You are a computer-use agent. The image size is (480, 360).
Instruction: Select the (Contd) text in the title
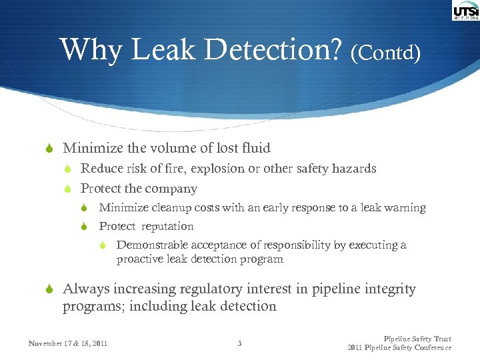point(385,53)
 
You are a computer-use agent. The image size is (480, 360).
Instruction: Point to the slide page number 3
point(239,344)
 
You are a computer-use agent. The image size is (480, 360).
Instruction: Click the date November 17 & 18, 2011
point(68,344)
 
